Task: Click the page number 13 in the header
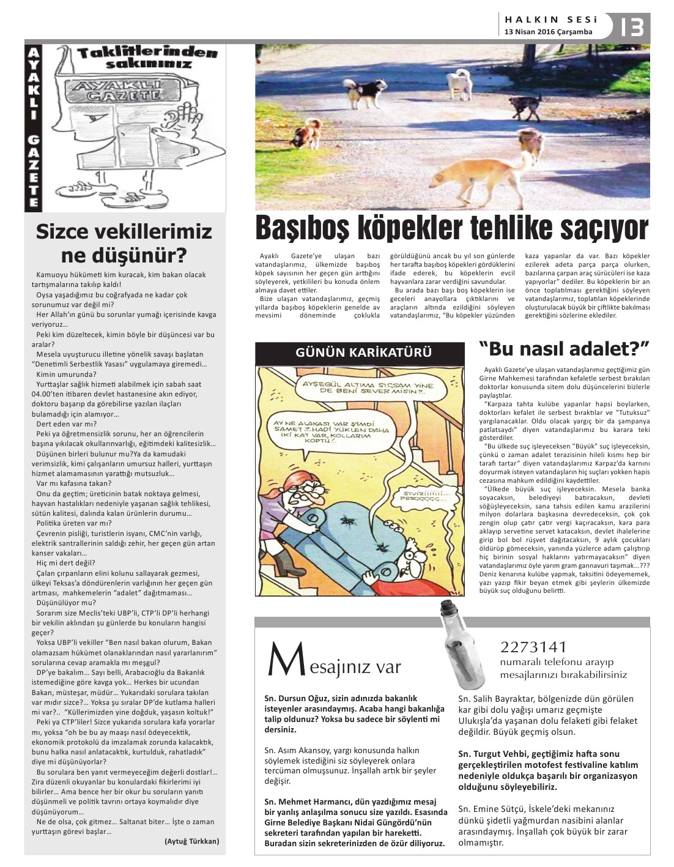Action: (x=632, y=27)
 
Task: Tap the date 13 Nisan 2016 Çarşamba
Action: (x=548, y=32)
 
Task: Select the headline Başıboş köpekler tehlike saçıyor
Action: (x=451, y=228)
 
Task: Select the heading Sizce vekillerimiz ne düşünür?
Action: (x=124, y=242)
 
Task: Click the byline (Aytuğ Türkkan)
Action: (x=191, y=841)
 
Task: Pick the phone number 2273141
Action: (x=533, y=647)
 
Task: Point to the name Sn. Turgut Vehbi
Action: (x=493, y=754)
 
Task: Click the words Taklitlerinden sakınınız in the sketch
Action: (x=147, y=58)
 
